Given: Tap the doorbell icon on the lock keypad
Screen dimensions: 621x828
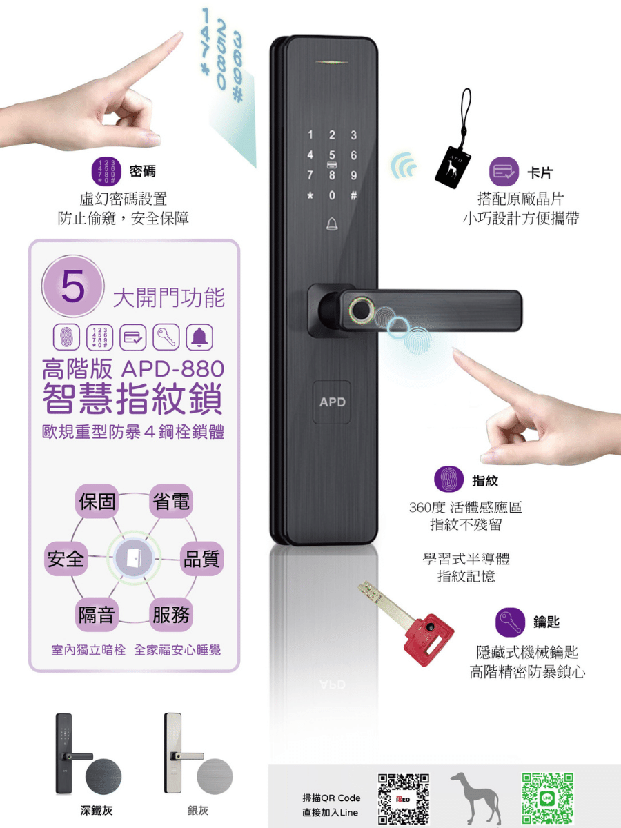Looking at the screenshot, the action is point(332,224).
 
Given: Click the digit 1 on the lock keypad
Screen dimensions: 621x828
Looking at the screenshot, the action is point(310,135).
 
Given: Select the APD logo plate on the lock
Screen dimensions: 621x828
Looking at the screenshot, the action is point(332,402).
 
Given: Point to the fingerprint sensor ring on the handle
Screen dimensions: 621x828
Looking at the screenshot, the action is point(361,310).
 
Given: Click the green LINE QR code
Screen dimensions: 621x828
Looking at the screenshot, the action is point(547,798).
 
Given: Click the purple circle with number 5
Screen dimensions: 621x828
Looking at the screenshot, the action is point(72,286).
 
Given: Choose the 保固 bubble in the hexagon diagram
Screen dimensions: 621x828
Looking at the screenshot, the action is point(97,502).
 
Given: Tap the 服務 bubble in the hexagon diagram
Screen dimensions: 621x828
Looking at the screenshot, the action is point(171,615).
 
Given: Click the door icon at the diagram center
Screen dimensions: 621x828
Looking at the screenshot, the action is point(134,558).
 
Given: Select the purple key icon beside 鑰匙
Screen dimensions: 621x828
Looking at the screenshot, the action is point(510,622).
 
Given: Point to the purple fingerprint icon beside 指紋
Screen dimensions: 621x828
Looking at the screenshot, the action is point(448,479).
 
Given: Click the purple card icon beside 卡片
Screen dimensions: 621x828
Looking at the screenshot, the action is point(504,172).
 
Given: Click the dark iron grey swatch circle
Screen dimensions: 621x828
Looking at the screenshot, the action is point(103,777).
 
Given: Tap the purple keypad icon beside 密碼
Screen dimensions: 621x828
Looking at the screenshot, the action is point(106,172).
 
